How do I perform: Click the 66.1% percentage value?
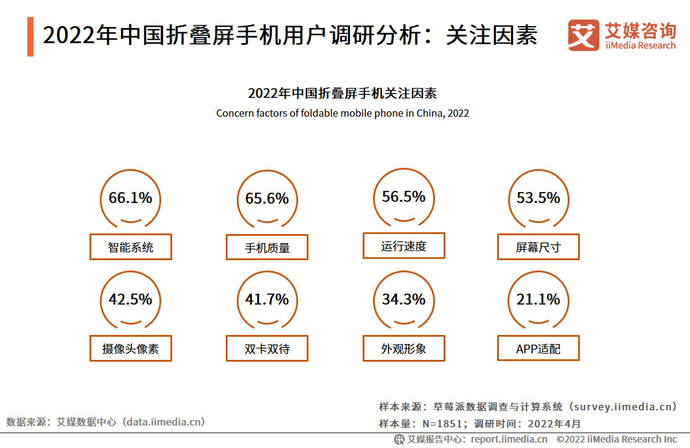point(130,198)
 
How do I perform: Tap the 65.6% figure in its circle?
point(267,199)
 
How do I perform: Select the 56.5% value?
point(403,197)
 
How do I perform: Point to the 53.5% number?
point(538,198)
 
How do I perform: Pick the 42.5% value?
point(130,300)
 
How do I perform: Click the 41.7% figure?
point(267,300)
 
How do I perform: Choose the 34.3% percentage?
point(403,300)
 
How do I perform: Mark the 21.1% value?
point(538,300)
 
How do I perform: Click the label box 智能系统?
point(131,247)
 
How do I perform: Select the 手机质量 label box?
point(267,247)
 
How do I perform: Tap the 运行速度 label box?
point(404,246)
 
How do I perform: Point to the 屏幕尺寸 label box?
point(538,247)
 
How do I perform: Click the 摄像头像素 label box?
point(131,348)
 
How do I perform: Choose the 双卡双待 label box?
point(267,348)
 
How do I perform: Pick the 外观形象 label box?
point(404,348)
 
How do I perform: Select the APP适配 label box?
point(538,348)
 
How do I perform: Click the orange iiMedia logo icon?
point(584,36)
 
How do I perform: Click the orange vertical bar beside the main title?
point(30,36)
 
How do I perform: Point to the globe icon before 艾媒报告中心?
point(399,439)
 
